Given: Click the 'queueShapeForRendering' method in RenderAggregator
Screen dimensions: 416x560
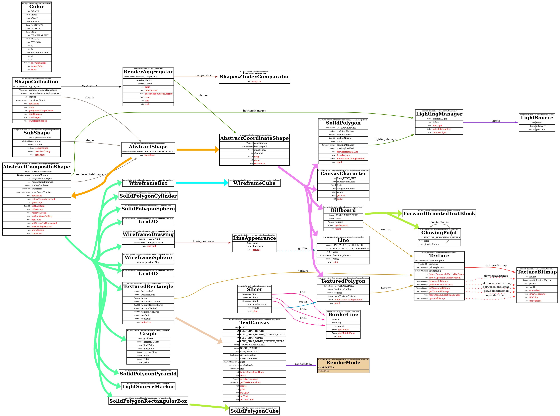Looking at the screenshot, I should pyautogui.click(x=158, y=94).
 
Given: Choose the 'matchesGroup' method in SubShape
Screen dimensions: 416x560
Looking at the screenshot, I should pyautogui.click(x=43, y=152).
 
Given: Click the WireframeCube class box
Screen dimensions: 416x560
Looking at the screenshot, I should pyautogui.click(x=254, y=183).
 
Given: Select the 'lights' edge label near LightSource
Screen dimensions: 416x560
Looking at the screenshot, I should pyautogui.click(x=496, y=121).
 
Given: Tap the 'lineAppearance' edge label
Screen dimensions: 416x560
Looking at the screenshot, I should pyautogui.click(x=203, y=241).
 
